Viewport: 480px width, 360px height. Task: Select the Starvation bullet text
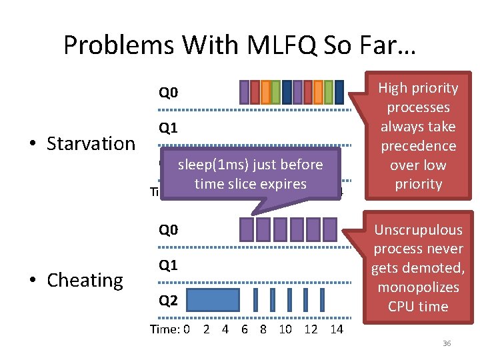click(91, 143)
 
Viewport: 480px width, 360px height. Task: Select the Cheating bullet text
click(85, 280)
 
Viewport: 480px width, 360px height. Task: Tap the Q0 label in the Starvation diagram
click(168, 92)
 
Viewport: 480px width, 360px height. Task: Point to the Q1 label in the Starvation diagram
click(168, 127)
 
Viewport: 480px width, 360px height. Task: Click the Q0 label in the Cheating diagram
click(168, 230)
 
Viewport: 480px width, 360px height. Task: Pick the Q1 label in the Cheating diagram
click(168, 265)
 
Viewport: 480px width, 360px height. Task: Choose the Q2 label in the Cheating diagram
click(168, 301)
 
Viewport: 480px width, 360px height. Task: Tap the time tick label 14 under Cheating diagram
click(337, 329)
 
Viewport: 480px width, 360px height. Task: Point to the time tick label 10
click(285, 329)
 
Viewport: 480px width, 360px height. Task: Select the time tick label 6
click(245, 329)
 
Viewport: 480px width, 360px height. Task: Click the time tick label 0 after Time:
click(187, 329)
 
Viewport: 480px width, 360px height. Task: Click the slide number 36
click(447, 343)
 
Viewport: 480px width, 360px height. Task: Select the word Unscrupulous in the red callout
click(418, 230)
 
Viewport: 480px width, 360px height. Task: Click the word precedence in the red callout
click(418, 146)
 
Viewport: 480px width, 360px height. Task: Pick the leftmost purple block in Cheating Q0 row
click(246, 229)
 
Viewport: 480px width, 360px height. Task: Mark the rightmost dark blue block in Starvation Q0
click(339, 92)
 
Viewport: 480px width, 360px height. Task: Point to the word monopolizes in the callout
click(418, 287)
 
